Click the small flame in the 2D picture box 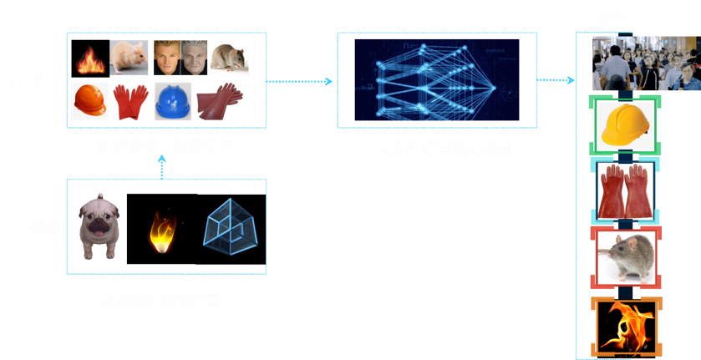pos(87,60)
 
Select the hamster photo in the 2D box pos(129,58)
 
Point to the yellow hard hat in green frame pos(624,124)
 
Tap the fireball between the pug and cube pos(162,230)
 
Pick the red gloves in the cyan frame pos(624,190)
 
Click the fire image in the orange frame pos(624,326)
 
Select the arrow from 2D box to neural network pos(299,81)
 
